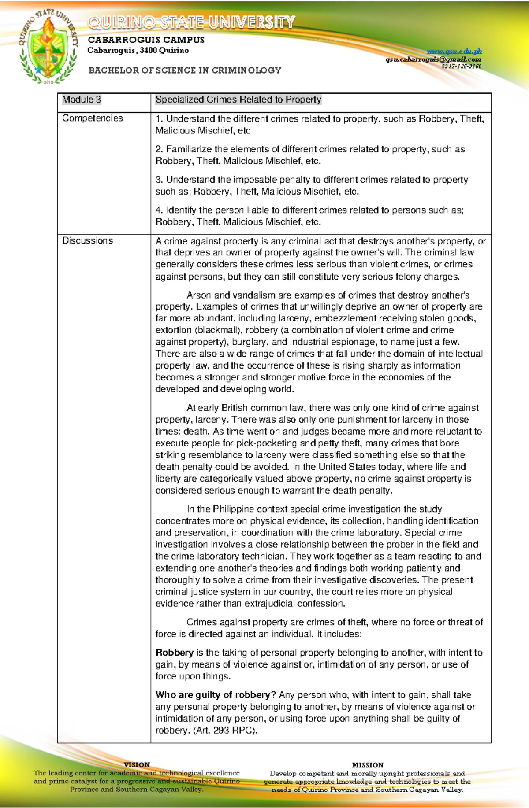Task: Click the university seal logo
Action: (x=48, y=48)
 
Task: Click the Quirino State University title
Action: (x=191, y=22)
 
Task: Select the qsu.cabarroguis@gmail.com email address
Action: (x=433, y=59)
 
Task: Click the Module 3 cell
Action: (x=82, y=100)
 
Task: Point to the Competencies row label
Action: (x=93, y=118)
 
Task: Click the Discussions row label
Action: (x=87, y=240)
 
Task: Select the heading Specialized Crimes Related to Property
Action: (x=238, y=100)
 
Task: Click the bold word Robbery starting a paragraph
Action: (x=175, y=653)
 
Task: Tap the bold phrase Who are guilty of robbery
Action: (x=212, y=695)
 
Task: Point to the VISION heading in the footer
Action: (x=137, y=765)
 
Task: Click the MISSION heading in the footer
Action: (x=368, y=765)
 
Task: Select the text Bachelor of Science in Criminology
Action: (x=185, y=70)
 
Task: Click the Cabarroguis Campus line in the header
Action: (x=146, y=40)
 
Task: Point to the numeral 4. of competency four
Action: (x=159, y=210)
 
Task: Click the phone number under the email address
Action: (x=462, y=66)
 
